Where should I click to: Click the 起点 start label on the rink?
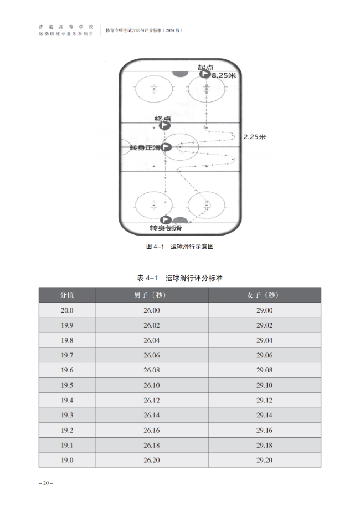coord(205,67)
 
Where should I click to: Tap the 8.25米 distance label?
coord(224,75)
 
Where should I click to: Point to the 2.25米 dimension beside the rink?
coord(255,137)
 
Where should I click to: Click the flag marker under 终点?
coord(164,126)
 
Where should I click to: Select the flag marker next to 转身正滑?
coord(166,147)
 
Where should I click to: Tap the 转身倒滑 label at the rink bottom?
coord(166,228)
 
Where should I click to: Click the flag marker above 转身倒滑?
coord(166,220)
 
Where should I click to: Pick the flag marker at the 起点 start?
coord(204,74)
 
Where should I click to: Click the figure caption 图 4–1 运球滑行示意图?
coord(179,247)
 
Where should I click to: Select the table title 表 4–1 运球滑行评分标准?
coord(179,278)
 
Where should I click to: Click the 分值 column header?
coord(67,295)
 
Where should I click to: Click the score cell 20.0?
coord(67,310)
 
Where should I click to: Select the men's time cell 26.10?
coord(152,385)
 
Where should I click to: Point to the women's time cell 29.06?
coord(265,355)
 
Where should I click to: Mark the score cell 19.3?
coord(67,415)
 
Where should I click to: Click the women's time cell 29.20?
coord(265,460)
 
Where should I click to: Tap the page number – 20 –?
coord(46,483)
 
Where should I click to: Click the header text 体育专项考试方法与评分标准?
coord(133,30)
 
